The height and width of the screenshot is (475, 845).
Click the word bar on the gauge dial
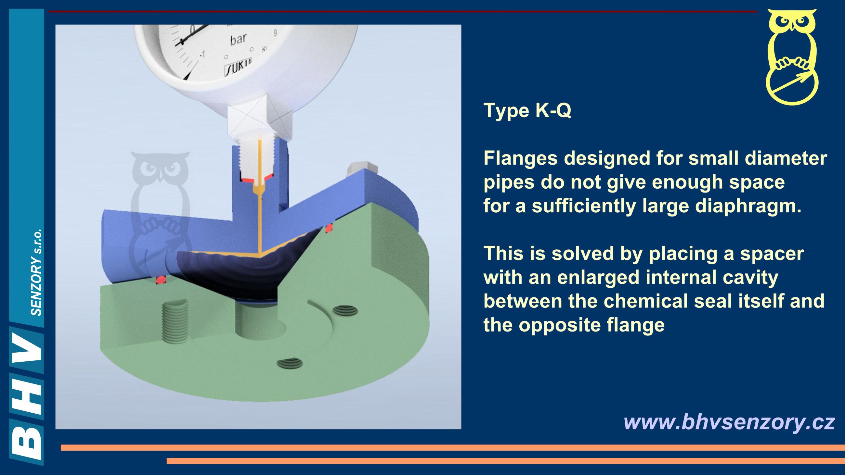[238, 39]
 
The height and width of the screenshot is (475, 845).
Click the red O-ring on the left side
[162, 279]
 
